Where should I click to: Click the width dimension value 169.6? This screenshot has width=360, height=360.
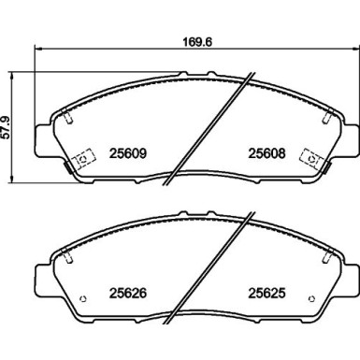pos(195,40)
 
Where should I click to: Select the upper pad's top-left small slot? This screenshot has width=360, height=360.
pos(72,117)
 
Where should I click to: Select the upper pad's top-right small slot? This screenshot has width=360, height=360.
pos(324,117)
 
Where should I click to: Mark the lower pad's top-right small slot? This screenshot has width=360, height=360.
pos(324,254)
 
